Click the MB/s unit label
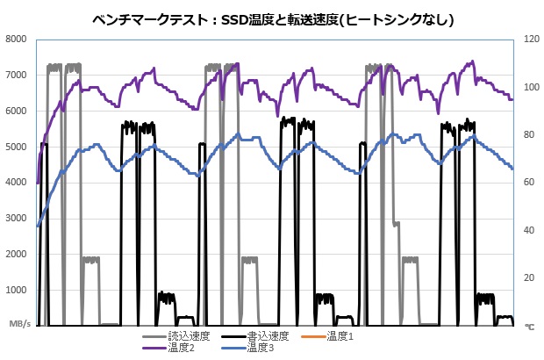click(x=20, y=325)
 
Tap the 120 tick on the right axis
click(x=530, y=39)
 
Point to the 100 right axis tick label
click(x=530, y=87)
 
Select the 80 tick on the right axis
click(x=527, y=134)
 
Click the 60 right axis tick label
click(x=527, y=183)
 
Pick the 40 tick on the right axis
click(x=527, y=230)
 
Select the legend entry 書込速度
click(x=268, y=336)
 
